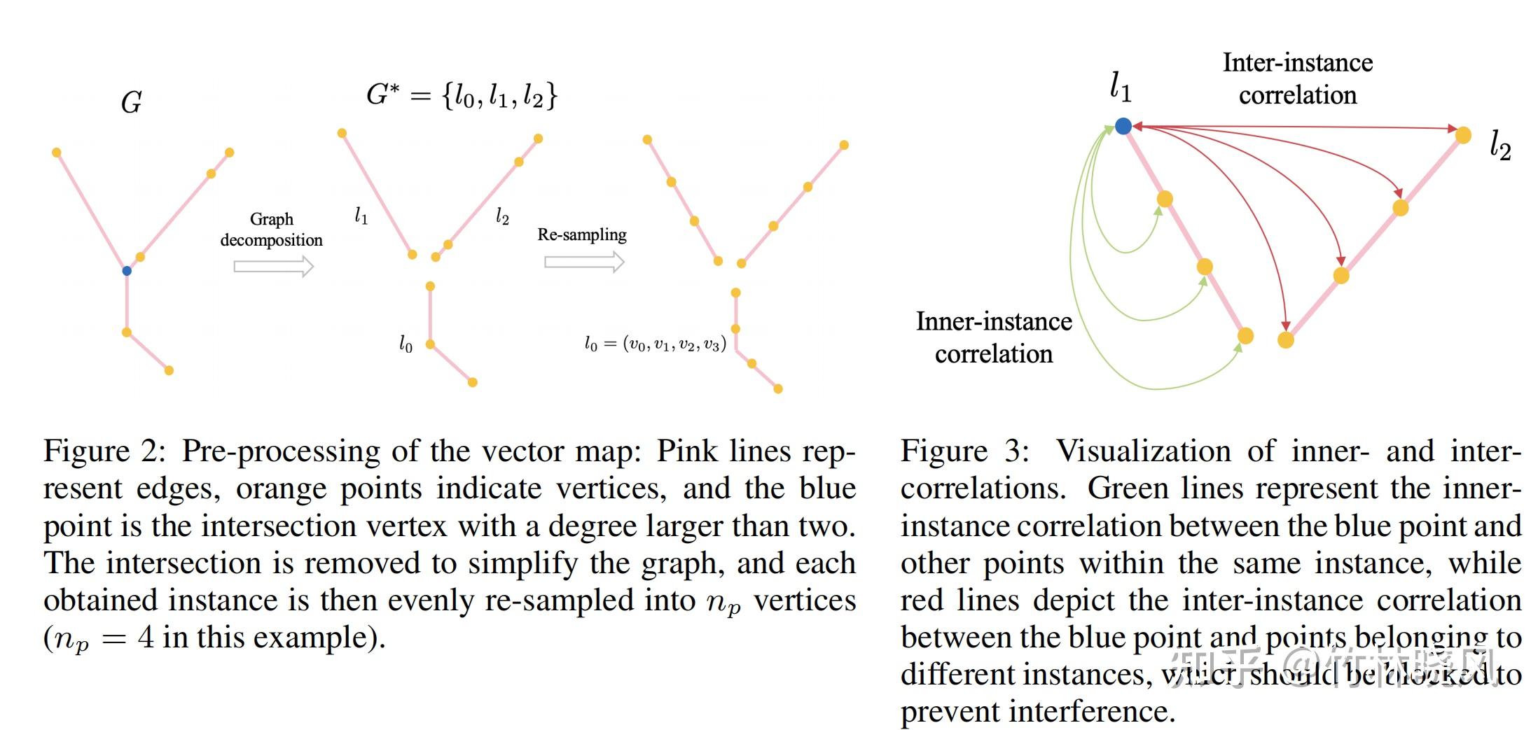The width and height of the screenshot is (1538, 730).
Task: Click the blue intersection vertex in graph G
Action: click(x=127, y=271)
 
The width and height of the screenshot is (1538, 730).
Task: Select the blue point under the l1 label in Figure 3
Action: click(x=1123, y=126)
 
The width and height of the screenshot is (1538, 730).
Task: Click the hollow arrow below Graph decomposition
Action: click(x=273, y=266)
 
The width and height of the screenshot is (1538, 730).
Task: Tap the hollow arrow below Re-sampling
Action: click(x=584, y=262)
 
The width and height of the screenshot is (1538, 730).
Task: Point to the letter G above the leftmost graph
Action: click(x=132, y=103)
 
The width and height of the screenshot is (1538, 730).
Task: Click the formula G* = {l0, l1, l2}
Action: click(x=462, y=94)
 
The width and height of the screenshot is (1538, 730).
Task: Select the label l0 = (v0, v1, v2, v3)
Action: click(x=655, y=344)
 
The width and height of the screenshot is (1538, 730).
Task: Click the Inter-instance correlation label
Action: click(x=1297, y=78)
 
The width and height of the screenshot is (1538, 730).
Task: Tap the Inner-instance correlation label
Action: click(x=994, y=337)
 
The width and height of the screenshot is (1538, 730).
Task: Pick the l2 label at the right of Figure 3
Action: click(x=1500, y=146)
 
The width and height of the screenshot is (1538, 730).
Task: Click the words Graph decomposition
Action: click(x=272, y=230)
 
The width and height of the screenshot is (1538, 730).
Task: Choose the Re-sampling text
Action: click(x=581, y=234)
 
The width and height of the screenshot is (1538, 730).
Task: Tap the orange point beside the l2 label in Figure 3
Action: click(x=1463, y=135)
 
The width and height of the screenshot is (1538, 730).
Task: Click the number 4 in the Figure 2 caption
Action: click(x=145, y=638)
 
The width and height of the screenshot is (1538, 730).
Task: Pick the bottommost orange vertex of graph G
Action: click(x=169, y=370)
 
